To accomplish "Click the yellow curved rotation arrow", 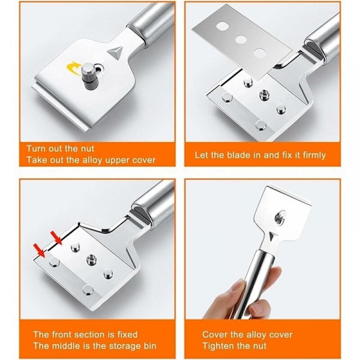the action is pos(73,67).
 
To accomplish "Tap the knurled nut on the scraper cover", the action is pos(88,77).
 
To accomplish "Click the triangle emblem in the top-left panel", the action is pos(115,52).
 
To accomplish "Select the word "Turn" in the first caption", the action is pos(36,149).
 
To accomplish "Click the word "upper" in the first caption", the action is pos(116,160).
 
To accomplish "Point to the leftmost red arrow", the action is pos(39,251).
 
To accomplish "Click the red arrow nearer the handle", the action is pos(56,238).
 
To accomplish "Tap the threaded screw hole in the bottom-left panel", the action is pos(91,260).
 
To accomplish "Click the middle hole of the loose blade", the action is pos(240,40).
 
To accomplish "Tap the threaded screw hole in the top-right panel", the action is pos(264,95).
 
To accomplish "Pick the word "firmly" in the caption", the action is pos(314,155).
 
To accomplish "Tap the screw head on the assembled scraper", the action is pos(280,217).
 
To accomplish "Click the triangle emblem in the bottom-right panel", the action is pos(272,237).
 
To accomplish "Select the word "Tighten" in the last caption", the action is pos(217,346).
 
